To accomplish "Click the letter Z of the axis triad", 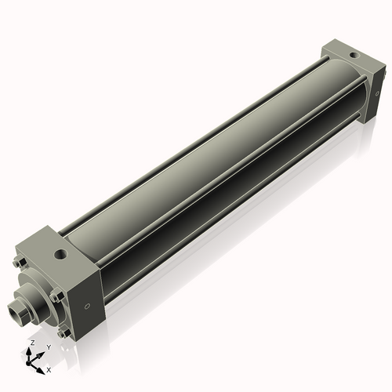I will [x=31, y=343].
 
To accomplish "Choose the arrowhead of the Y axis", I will [x=39, y=353].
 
